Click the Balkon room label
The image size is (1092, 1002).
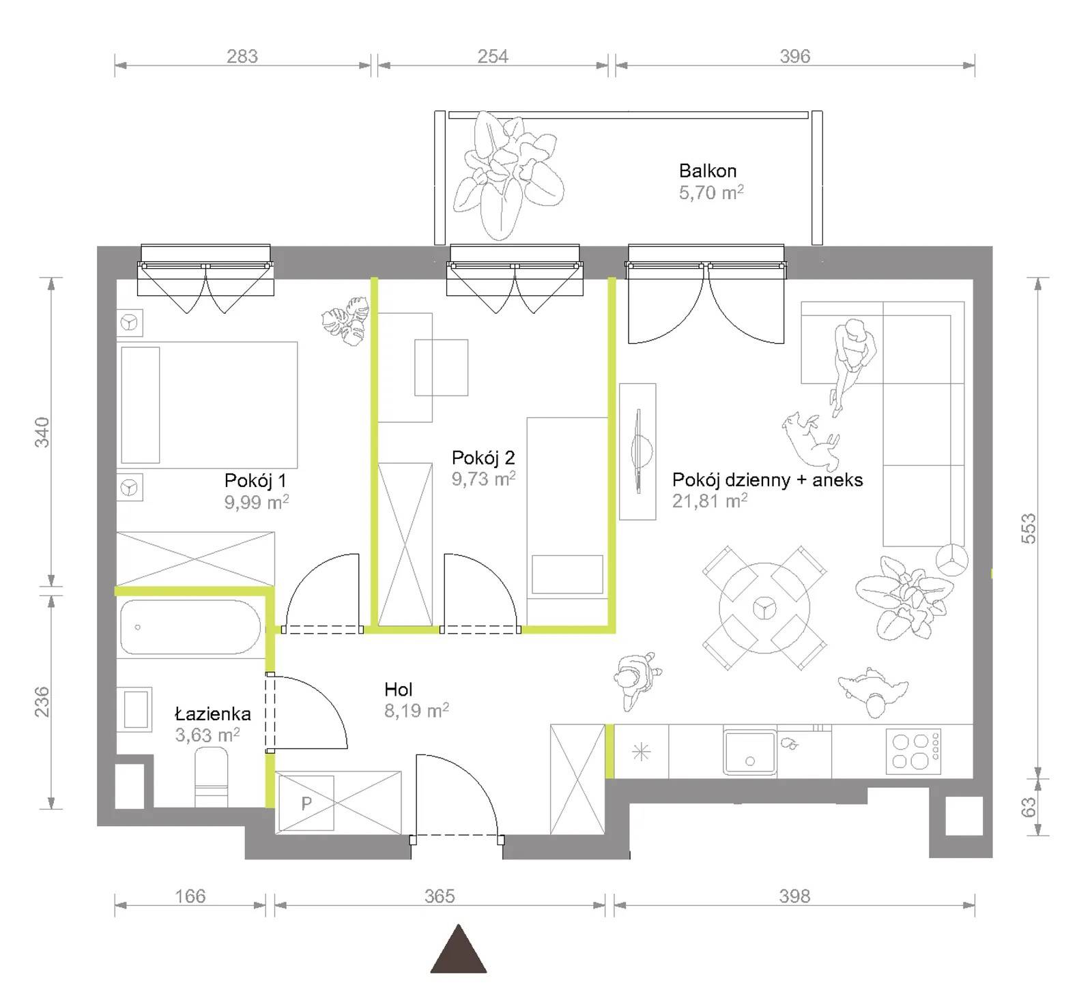(x=707, y=171)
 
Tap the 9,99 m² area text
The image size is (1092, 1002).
(x=257, y=503)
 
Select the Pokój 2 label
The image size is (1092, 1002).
(x=483, y=458)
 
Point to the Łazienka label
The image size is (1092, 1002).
(x=213, y=713)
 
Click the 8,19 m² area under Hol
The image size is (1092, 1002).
(x=416, y=711)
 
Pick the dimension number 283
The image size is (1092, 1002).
(x=242, y=56)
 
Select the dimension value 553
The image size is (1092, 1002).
(x=1029, y=528)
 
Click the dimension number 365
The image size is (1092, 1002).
(x=440, y=896)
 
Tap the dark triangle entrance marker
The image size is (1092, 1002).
(x=459, y=949)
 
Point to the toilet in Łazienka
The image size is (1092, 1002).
(x=211, y=778)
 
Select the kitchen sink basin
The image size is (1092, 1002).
(x=750, y=752)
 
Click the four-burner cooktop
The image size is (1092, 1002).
(x=913, y=751)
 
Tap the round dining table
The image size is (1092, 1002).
(x=764, y=608)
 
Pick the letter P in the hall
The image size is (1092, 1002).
(x=306, y=803)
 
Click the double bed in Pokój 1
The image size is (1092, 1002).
(x=208, y=405)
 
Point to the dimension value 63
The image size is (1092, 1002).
(x=1029, y=807)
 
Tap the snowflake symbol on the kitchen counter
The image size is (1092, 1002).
(x=642, y=752)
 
